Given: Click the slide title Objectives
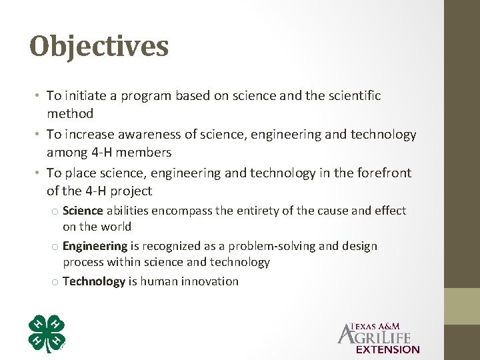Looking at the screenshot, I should pyautogui.click(x=99, y=47).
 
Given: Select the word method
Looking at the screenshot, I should pyautogui.click(x=70, y=113).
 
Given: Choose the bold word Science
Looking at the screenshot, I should pyautogui.click(x=83, y=211).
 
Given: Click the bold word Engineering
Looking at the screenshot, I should pyautogui.click(x=95, y=246).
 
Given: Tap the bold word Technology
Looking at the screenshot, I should pyautogui.click(x=94, y=281).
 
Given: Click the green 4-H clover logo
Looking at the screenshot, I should pyautogui.click(x=47, y=333).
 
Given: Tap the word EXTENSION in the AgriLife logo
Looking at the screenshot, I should pyautogui.click(x=388, y=349).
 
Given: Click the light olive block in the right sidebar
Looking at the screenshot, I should pyautogui.click(x=463, y=306).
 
